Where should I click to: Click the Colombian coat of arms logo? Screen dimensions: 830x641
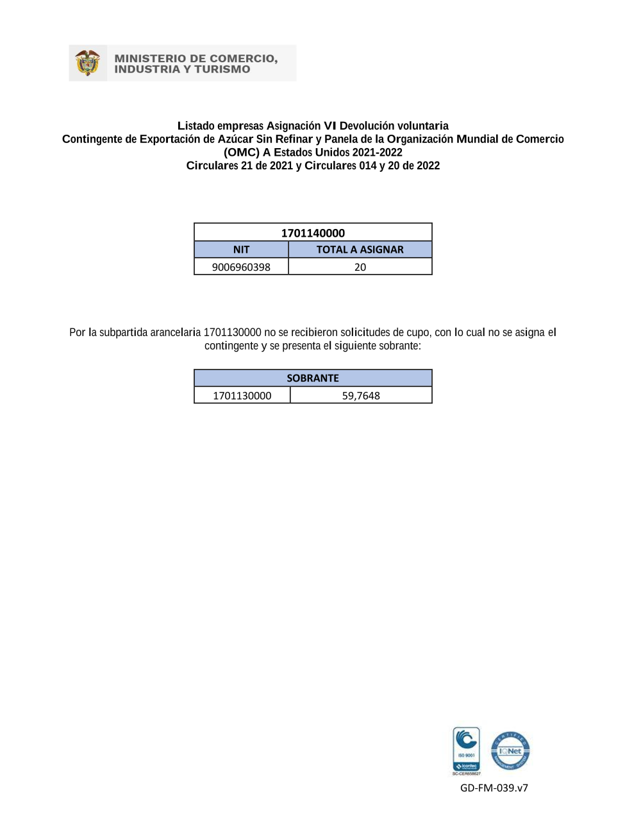[88, 63]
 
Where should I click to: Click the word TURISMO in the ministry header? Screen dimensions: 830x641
[222, 69]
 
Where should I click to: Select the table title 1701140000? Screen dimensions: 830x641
[313, 233]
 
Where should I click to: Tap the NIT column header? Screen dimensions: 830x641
[241, 250]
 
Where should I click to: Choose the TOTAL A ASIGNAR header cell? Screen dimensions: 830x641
[360, 250]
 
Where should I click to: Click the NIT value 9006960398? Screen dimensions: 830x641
[241, 267]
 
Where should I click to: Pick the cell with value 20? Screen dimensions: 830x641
[360, 267]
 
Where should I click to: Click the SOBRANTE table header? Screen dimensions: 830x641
[313, 378]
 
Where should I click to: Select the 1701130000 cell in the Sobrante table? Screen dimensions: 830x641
[242, 396]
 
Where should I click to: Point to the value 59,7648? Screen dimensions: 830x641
[361, 396]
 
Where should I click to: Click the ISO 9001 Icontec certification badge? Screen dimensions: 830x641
[466, 750]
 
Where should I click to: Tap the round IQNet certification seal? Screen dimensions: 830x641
[510, 750]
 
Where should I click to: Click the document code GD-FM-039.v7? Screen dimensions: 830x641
[494, 788]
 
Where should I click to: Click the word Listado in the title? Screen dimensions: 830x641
[196, 126]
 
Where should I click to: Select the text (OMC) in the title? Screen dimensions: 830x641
[242, 152]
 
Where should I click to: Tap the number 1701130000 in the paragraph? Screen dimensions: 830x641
[232, 332]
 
